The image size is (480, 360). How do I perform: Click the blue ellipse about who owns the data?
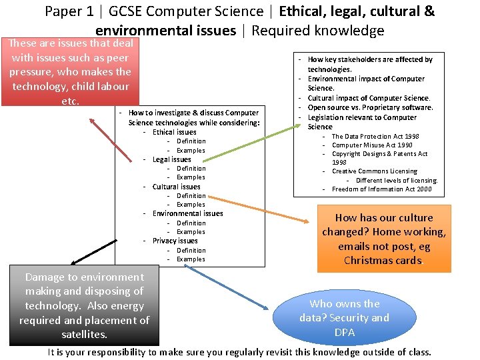pos(344,317)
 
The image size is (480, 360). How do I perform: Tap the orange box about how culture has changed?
pos(383,239)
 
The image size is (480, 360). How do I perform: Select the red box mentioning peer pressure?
pos(69,72)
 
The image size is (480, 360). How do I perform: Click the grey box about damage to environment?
pos(84,305)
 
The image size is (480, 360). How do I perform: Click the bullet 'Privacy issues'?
pos(175,241)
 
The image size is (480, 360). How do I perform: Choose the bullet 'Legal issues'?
pos(171,159)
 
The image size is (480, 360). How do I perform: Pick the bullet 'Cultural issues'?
pos(176,187)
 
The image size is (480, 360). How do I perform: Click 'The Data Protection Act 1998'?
pos(375,136)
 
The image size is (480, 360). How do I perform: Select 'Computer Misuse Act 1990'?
pos(372,145)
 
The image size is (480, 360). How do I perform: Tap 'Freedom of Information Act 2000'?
pos(381,189)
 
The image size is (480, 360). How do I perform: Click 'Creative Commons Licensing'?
pos(374,171)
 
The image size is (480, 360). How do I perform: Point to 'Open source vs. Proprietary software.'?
pos(370,107)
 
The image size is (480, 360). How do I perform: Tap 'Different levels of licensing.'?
pos(396,180)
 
